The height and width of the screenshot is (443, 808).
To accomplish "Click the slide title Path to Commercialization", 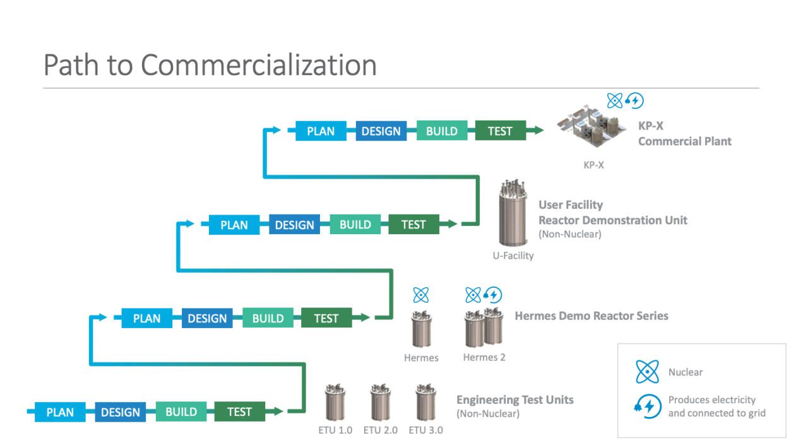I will tap(210, 65).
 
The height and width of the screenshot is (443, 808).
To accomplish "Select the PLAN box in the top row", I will tap(321, 131).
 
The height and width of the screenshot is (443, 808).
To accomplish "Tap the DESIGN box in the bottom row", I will tap(120, 412).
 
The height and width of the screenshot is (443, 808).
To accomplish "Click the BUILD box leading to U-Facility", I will tap(355, 225).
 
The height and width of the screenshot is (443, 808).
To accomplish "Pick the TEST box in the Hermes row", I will tap(326, 319).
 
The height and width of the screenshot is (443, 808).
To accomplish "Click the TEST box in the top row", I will tap(500, 131).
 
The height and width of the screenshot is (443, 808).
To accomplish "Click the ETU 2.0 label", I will tap(381, 430).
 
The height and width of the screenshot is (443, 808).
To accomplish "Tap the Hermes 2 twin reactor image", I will tap(484, 327).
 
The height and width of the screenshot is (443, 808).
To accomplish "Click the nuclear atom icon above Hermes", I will tap(421, 295).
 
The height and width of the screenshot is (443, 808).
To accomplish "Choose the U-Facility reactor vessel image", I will tap(512, 215).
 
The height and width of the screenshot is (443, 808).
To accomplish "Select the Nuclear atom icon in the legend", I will tap(647, 372).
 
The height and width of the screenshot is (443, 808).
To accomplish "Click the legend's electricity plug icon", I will tap(648, 406).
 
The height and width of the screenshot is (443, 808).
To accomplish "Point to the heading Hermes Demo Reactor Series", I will tap(591, 316).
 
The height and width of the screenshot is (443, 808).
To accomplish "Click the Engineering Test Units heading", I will tap(514, 399).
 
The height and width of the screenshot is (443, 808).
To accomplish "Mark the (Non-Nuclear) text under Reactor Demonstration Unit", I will tap(569, 234).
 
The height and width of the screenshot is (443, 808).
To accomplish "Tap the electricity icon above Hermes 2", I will tap(492, 295).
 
